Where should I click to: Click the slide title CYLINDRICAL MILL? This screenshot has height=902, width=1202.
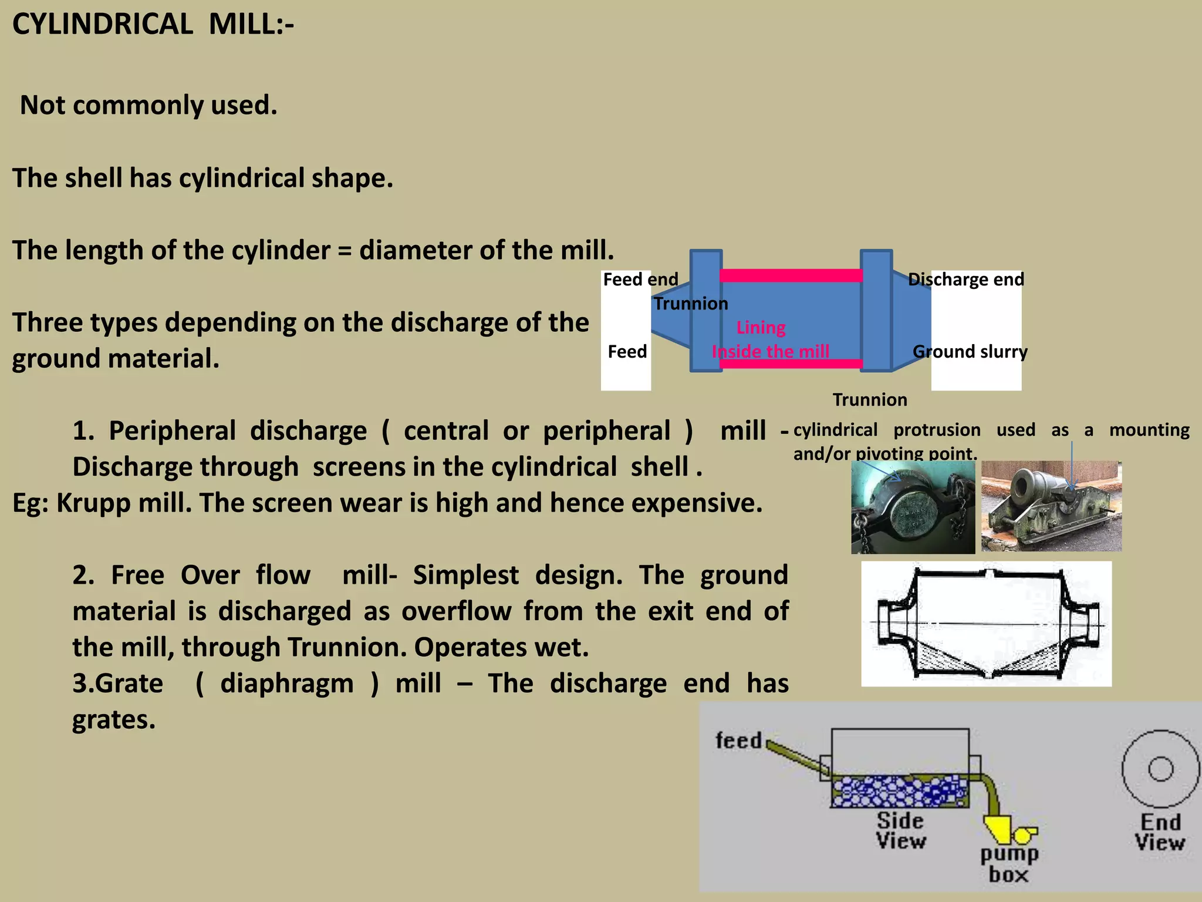coord(153,25)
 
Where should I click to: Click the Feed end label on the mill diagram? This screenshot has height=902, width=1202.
coord(640,280)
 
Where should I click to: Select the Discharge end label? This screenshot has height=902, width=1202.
coord(965,280)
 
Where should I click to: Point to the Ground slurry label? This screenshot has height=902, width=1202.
coord(970,352)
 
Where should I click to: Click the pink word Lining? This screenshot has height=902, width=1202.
coord(761,328)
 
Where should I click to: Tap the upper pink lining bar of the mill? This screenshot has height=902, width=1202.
coord(791,275)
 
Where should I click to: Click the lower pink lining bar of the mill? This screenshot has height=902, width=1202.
coord(791,364)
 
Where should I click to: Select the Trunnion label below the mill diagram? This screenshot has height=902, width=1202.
coord(870,400)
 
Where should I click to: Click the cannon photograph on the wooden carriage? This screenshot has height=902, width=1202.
coord(1051,506)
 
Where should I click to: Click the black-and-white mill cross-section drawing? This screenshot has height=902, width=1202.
coord(986,624)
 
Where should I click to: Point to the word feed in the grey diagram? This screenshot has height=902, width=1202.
coord(738,741)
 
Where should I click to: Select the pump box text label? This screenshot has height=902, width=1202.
coord(1009,864)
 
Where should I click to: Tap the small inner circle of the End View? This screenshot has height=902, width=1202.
coord(1160,769)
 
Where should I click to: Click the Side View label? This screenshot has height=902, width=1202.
coord(900,830)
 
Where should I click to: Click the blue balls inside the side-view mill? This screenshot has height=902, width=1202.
coord(898,791)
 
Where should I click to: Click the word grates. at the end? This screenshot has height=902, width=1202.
coord(114,720)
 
